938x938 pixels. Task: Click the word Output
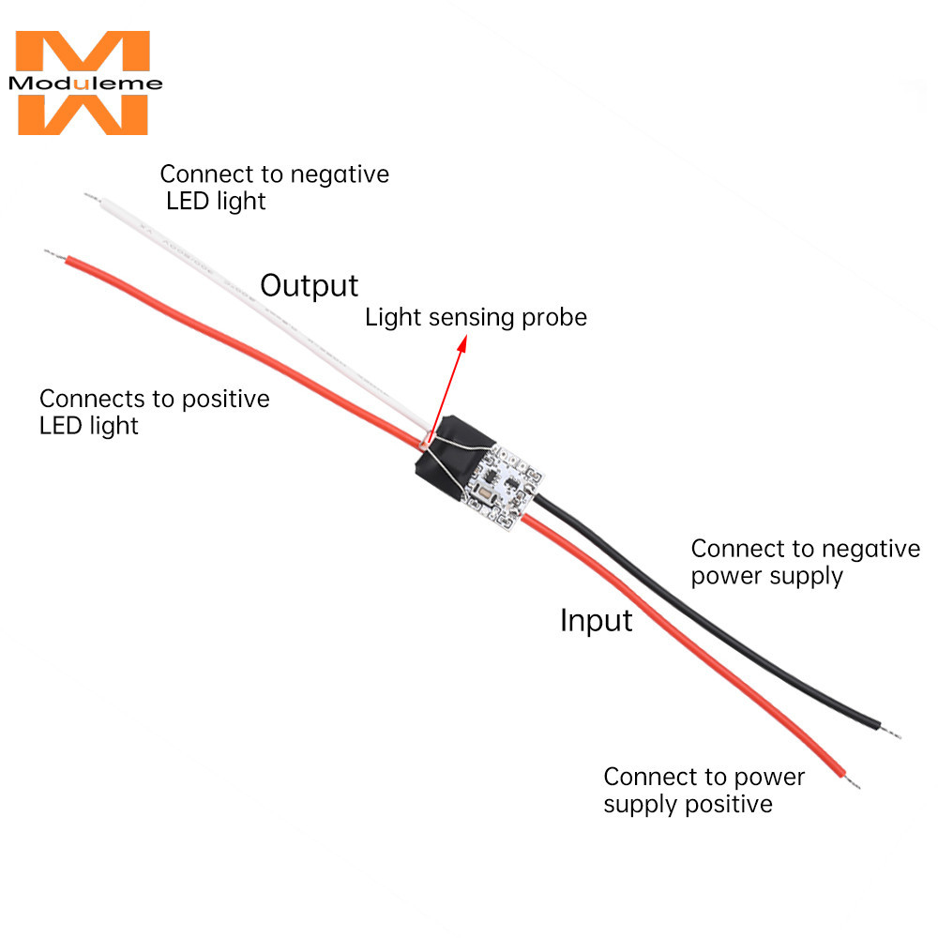coord(309,285)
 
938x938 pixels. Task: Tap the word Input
coord(596,620)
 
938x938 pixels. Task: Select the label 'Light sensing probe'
coord(476,317)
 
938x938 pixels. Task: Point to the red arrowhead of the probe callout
coord(461,344)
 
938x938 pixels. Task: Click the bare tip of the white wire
coord(90,196)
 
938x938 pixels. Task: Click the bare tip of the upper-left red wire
coord(52,252)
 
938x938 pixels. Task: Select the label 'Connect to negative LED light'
coord(274,187)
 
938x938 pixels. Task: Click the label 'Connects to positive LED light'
coord(154,412)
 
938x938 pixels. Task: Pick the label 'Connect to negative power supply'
coord(805,562)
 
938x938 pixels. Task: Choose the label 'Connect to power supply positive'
coord(703,790)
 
